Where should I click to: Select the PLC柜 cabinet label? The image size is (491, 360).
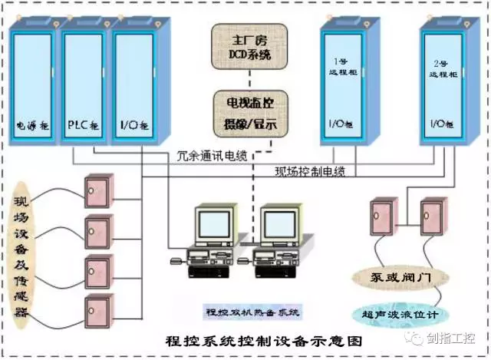coord(83,123)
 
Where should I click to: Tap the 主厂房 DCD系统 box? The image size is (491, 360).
coord(250,48)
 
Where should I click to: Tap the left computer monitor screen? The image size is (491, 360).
coord(214,224)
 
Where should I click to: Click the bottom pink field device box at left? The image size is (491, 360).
coord(98,309)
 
